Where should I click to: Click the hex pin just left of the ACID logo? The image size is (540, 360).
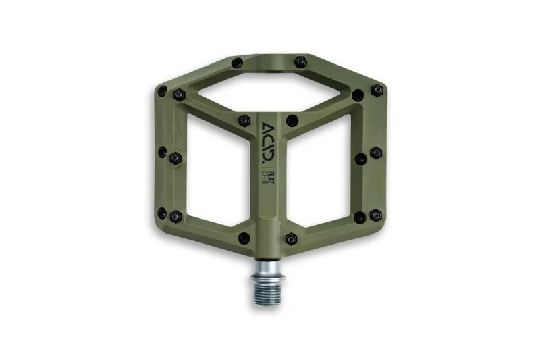point(244,121)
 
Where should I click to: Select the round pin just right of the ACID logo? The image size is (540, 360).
point(292,121)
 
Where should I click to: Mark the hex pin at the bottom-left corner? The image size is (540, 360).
point(175,217)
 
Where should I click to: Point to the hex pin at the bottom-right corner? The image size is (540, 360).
point(360,217)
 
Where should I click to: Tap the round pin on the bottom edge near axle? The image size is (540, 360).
point(244,238)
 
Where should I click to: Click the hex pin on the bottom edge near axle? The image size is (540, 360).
point(291,238)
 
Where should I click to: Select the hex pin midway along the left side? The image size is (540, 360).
point(175,157)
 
